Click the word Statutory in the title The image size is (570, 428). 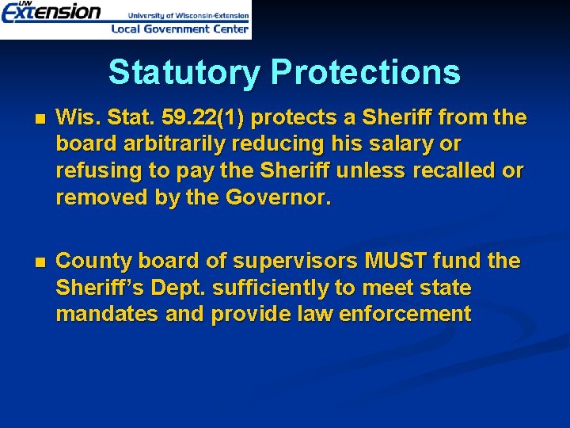184,72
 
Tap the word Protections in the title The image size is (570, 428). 365,72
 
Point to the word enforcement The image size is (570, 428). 405,314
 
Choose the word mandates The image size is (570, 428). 108,314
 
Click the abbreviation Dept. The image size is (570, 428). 173,288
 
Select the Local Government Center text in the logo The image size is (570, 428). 180,29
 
